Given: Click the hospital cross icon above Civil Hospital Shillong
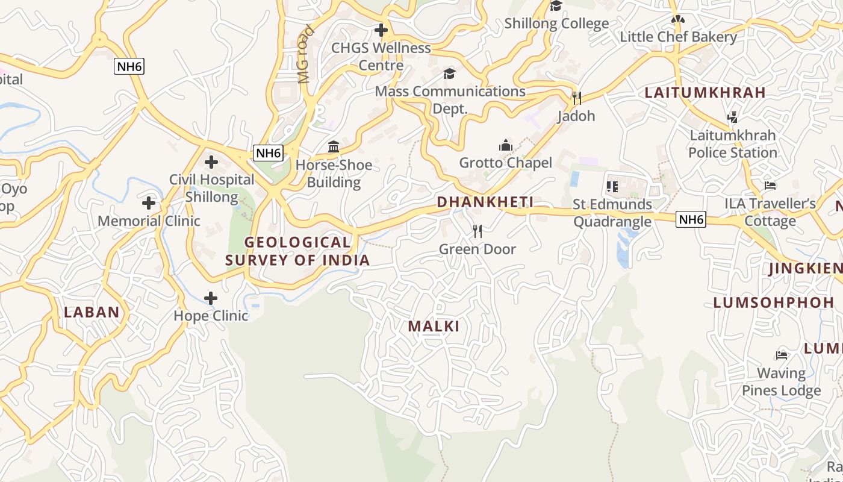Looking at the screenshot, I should point(211,161).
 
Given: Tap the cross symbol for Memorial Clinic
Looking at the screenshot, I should point(149,203).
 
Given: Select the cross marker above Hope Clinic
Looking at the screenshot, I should point(211,298).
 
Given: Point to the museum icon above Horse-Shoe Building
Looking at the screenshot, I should point(334,146).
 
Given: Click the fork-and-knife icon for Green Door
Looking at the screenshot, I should point(477,231).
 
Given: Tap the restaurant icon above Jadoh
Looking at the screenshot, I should point(576,98).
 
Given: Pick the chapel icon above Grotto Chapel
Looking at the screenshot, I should point(505,145).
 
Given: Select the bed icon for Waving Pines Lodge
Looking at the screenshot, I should point(782,355).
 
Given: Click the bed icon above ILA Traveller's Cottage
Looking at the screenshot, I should point(770,186).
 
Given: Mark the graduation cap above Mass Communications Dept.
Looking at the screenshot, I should point(449,74).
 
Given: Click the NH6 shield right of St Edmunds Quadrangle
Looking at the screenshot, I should point(691,219).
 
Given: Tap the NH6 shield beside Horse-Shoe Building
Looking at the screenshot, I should point(268,153).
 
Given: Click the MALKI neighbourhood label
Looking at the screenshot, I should point(434,327).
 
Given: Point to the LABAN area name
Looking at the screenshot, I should point(92,312).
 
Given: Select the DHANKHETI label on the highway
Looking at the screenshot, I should point(485,202).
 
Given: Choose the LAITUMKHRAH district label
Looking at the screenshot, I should point(705,93).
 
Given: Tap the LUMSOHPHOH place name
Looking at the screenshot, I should point(770,302).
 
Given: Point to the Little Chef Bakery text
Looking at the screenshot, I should point(678,37).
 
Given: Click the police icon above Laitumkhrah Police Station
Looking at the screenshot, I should point(733,117).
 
